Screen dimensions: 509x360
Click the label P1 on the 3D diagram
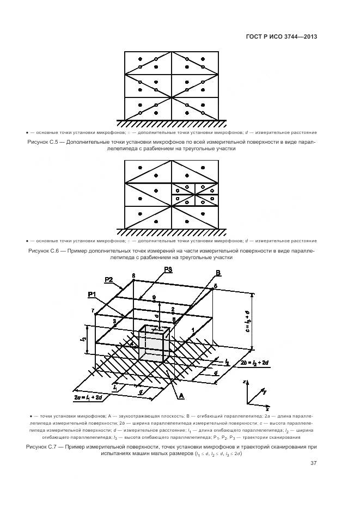pos(91,294)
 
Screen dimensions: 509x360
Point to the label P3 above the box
pos(168,269)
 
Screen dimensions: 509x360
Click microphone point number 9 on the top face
pos(154,297)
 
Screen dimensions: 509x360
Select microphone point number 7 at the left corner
pos(93,310)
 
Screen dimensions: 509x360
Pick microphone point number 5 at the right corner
pos(215,286)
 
